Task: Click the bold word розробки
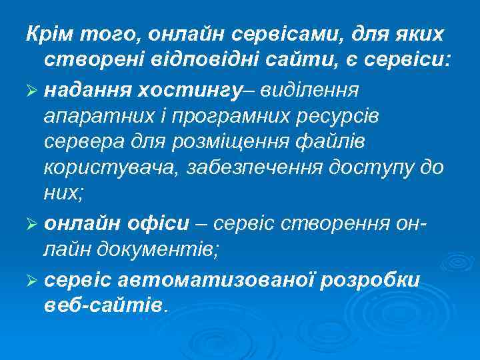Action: coord(372,280)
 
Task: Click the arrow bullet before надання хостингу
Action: coord(31,90)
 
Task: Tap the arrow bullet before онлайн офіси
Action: coord(31,225)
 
